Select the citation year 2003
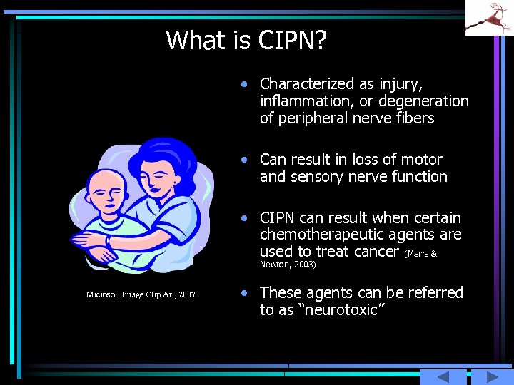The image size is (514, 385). pos(303,265)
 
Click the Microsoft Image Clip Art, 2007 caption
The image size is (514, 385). pos(141,294)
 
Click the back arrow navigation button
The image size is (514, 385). pos(442,377)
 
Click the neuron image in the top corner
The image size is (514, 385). pos(489,17)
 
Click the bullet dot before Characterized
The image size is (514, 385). pos(245,84)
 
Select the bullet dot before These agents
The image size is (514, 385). pos(245,293)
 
